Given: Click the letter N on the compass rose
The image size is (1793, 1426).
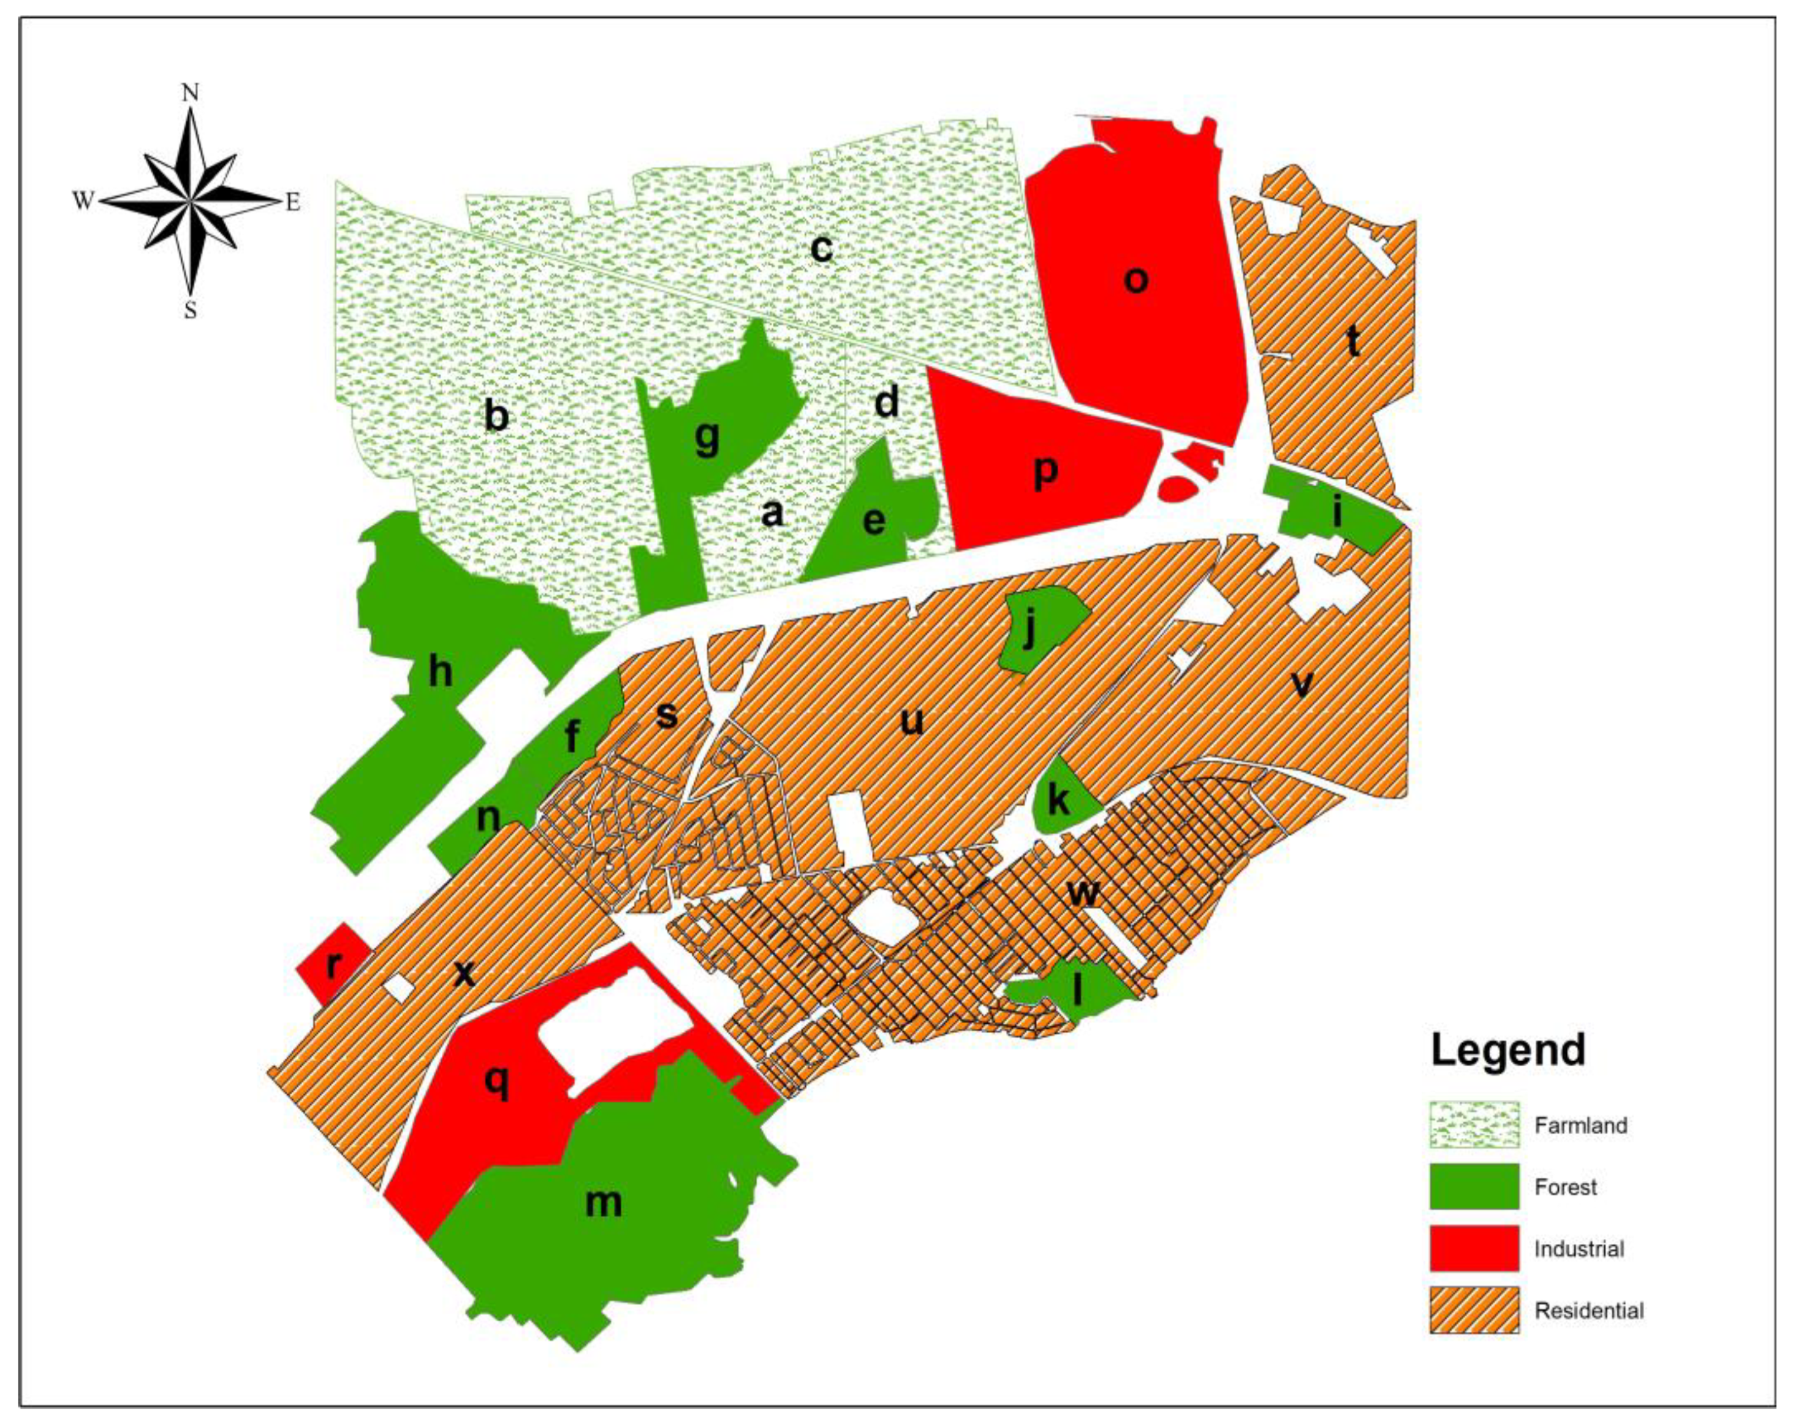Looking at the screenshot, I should pos(191,93).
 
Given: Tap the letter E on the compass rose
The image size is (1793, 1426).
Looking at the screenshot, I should pos(293,202).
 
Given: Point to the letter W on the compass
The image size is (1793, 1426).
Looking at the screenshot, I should pos(82,201).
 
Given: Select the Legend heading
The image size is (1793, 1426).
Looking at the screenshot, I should pos(1507,1050).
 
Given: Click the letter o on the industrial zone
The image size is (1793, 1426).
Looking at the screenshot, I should pos(1136,280).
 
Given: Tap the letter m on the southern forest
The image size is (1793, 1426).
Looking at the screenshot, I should pos(604,1202).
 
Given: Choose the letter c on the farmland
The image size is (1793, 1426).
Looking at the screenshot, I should pos(821,248).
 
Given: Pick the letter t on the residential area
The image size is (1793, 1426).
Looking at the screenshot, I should pos(1353,340).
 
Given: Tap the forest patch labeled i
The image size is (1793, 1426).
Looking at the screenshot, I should pos(1336,513).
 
